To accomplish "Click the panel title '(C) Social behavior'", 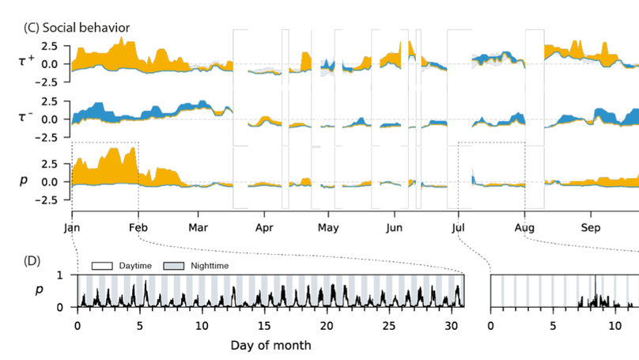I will tap(77, 27).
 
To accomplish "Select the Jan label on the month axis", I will tap(72, 227).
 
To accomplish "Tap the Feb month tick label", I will tap(139, 227).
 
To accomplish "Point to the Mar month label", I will tap(199, 227).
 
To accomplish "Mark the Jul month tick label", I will tap(458, 227).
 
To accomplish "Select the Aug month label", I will tap(524, 227).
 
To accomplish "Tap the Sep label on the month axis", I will tap(592, 227).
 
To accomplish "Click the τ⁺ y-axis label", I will tap(26, 59).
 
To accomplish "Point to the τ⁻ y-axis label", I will tap(26, 116).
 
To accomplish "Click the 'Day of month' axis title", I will tap(270, 346).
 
